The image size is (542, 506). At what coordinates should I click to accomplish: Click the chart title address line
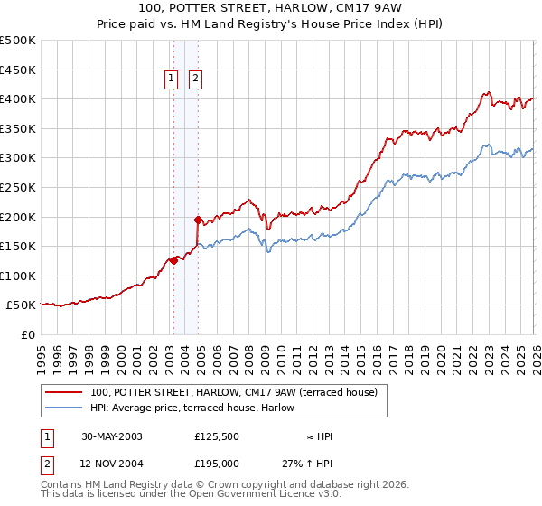point(271,8)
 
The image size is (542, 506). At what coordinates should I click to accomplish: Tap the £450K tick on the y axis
point(18,70)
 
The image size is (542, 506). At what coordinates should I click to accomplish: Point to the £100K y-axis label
point(18,276)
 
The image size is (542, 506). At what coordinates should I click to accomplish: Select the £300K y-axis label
point(18,158)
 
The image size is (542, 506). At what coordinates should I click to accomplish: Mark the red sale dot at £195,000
point(197,220)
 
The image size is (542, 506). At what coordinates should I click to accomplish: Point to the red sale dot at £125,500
point(173,260)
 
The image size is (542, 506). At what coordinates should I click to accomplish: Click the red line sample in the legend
point(64,392)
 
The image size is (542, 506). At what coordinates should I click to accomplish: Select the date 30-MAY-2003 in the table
point(112,436)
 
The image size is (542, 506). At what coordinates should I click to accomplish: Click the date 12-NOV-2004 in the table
point(113,464)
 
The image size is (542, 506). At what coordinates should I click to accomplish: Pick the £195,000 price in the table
point(217,464)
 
